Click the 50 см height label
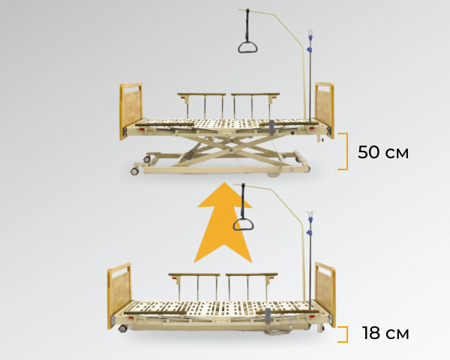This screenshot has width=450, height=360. (383, 152)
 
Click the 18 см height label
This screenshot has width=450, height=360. (385, 333)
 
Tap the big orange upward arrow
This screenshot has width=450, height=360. (223, 224)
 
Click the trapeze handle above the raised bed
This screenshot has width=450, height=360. (247, 47)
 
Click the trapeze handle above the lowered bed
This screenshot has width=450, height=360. (243, 225)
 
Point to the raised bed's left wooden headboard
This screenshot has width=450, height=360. (130, 110)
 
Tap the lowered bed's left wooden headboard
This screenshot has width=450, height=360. (119, 294)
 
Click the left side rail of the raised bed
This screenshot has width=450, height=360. (202, 106)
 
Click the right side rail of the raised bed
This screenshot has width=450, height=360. (256, 106)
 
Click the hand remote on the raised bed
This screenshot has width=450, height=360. (271, 127)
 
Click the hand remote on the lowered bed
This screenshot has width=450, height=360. (268, 316)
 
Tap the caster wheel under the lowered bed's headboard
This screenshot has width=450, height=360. (123, 328)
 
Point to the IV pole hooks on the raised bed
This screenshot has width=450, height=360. (310, 32)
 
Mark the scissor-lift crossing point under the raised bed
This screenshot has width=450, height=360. (231, 150)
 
